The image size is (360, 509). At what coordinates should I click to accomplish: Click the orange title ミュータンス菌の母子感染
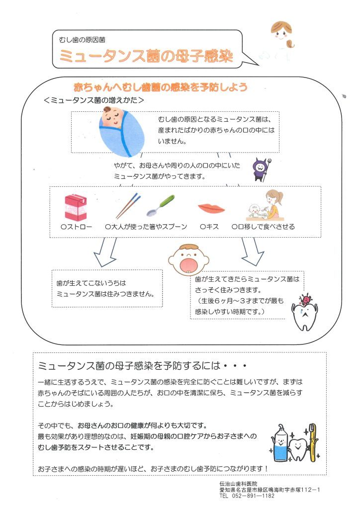point(146,56)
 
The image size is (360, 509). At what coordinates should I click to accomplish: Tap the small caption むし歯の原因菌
point(82,40)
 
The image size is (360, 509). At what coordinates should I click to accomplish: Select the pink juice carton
point(76,207)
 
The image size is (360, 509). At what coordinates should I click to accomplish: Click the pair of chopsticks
point(128,206)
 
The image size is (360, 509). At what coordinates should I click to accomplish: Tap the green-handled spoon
point(161,205)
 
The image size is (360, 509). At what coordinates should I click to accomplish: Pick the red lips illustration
point(211,208)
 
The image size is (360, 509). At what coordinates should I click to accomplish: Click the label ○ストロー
point(76,227)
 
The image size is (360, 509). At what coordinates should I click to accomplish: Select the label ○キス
point(209,227)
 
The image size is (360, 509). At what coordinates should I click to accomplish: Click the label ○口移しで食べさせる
point(263,227)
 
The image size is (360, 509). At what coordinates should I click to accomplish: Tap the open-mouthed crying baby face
point(188,259)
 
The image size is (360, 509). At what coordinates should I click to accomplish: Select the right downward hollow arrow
point(253,252)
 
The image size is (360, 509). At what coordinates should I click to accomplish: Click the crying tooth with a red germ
point(304,312)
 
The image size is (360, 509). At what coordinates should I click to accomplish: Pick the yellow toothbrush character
point(312,442)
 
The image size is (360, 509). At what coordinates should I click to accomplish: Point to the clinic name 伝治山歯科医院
point(238,484)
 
